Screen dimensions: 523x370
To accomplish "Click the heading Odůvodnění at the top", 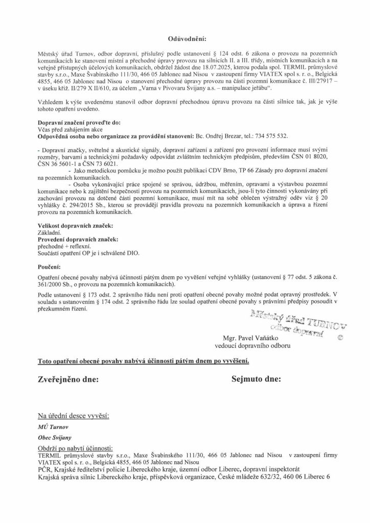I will pyautogui.click(x=185, y=38).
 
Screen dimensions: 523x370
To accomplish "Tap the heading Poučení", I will pyautogui.click(x=49, y=267).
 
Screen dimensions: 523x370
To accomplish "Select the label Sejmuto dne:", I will pyautogui.click(x=252, y=380).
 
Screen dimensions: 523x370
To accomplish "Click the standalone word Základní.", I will pyautogui.click(x=50, y=232).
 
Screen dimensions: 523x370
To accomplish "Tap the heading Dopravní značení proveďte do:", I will pyautogui.click(x=77, y=124).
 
